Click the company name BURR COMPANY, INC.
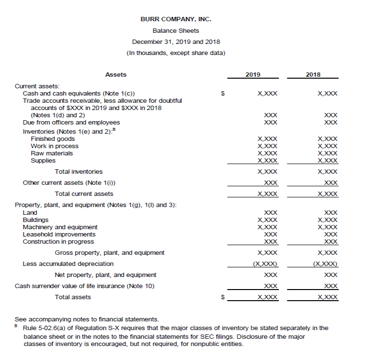(176, 19)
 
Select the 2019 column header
(253, 74)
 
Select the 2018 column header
(313, 74)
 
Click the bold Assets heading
(116, 74)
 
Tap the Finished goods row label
(53, 139)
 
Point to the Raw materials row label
(52, 153)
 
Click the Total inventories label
(79, 172)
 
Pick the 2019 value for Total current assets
(268, 194)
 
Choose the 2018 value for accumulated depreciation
(325, 264)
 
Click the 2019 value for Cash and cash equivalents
(268, 93)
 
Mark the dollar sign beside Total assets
(222, 297)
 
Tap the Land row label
(30, 212)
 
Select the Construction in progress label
(58, 241)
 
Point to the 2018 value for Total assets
(328, 297)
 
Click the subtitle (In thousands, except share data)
(176, 53)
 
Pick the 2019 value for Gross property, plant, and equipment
(268, 253)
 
